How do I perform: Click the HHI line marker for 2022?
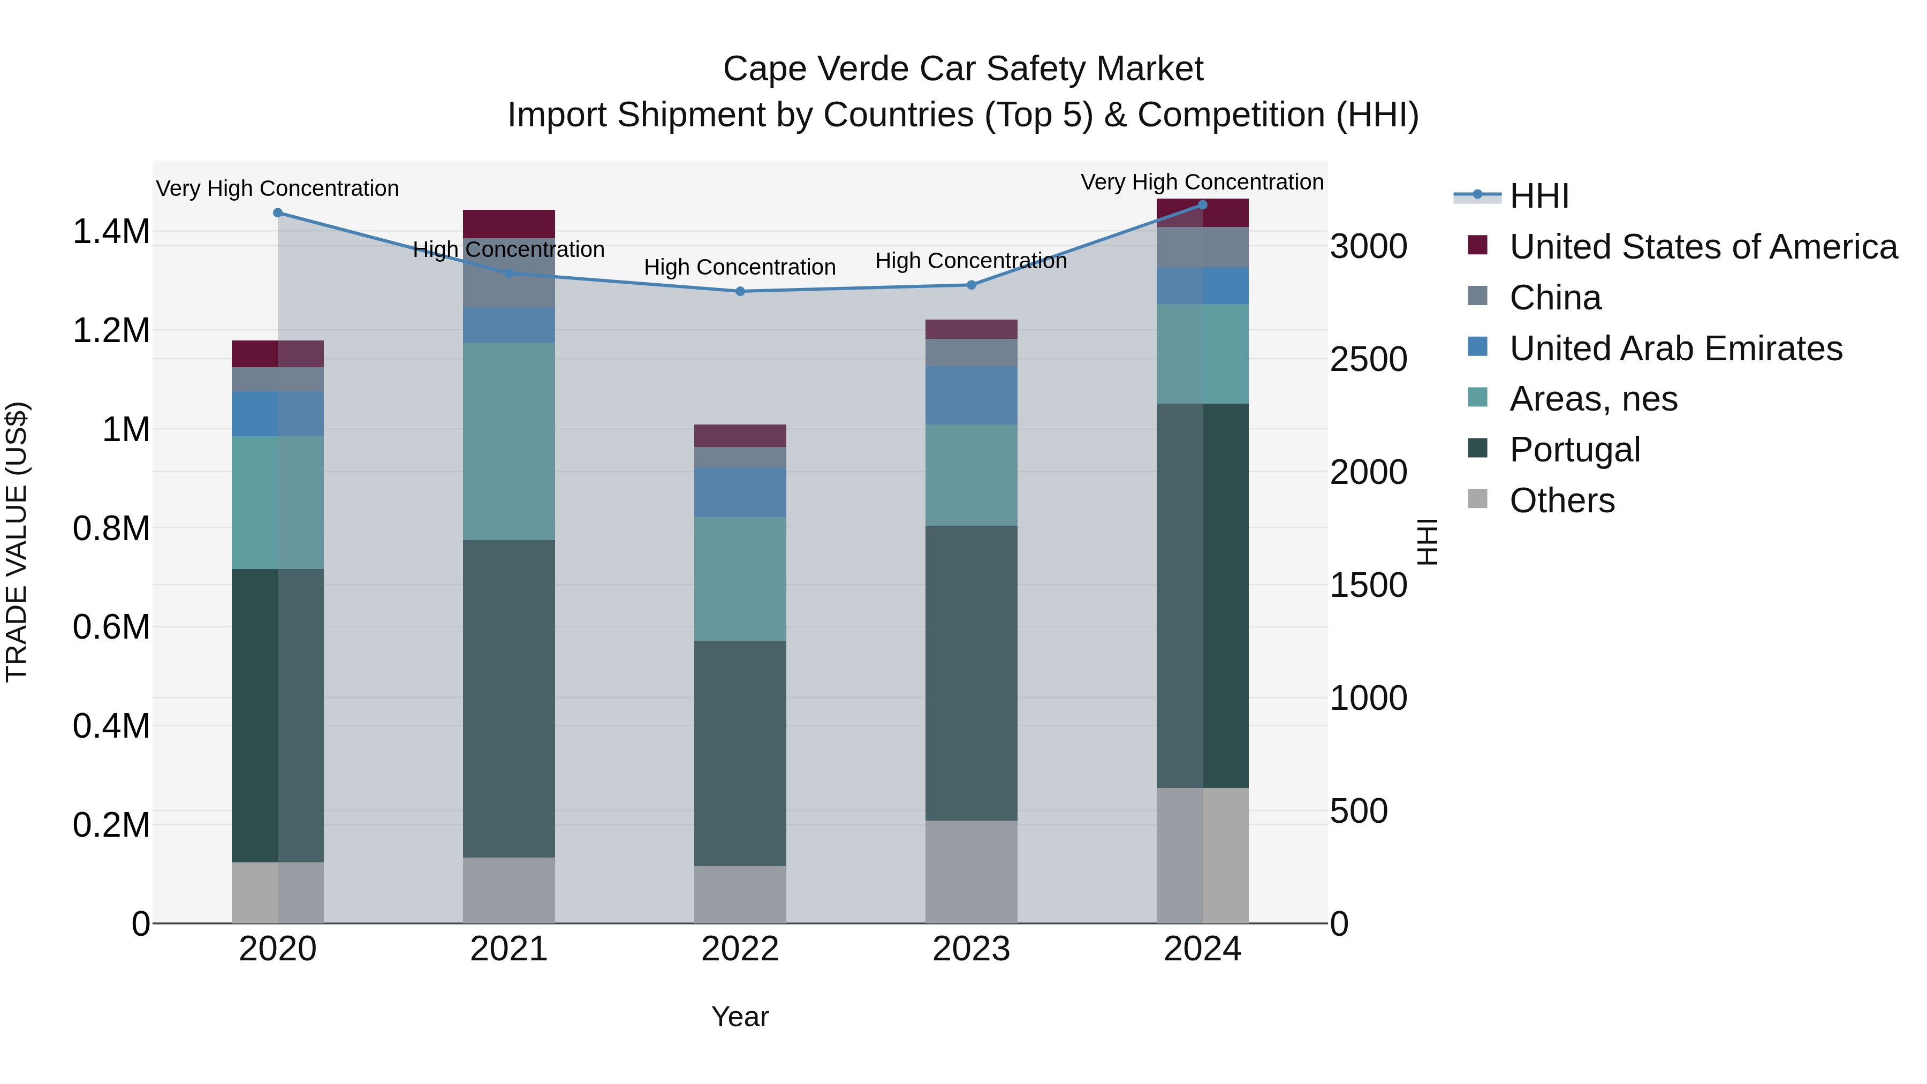pos(740,291)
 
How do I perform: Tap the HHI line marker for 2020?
pos(277,213)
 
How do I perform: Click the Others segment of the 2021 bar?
pos(509,890)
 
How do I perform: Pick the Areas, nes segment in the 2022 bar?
pos(740,578)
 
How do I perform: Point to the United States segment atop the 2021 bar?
pos(509,224)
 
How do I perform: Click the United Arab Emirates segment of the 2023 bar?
pos(971,395)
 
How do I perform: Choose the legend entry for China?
pos(1554,298)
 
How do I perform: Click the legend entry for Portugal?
pos(1574,450)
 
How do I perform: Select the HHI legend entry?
pos(1538,196)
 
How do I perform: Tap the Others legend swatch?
pos(1477,499)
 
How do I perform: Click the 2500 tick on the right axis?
pos(1368,360)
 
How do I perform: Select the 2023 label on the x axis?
pos(971,949)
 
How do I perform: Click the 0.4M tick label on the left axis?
pos(111,726)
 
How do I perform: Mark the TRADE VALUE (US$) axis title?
pos(17,542)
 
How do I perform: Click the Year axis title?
pos(740,1017)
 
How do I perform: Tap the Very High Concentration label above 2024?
pos(1201,182)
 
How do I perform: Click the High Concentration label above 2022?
pos(739,267)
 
